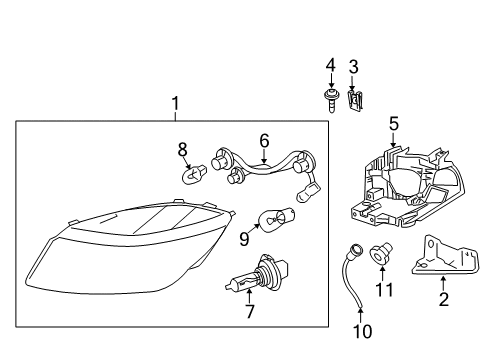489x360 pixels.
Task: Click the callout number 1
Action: (175, 103)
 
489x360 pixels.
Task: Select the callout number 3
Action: (353, 67)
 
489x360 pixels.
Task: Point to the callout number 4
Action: (329, 67)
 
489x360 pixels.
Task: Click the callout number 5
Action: (394, 124)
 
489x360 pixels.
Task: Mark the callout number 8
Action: (183, 149)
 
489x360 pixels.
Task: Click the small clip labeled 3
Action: (354, 98)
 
